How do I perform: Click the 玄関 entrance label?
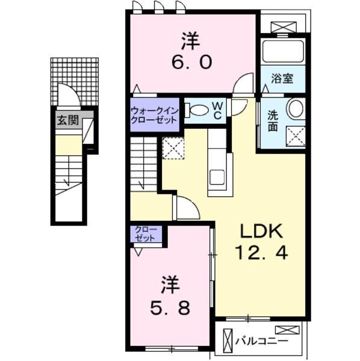click(x=68, y=120)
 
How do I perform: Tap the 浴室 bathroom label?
click(x=282, y=78)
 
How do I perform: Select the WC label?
click(x=217, y=111)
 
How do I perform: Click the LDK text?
click(x=262, y=231)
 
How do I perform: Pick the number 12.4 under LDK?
click(x=261, y=253)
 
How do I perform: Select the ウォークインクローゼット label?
click(x=154, y=115)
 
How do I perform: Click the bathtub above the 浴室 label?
click(x=283, y=51)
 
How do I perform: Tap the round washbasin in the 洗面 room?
click(x=296, y=108)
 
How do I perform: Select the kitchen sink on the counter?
click(x=217, y=177)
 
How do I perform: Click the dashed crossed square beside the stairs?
click(x=173, y=148)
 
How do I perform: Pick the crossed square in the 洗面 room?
click(x=296, y=136)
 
